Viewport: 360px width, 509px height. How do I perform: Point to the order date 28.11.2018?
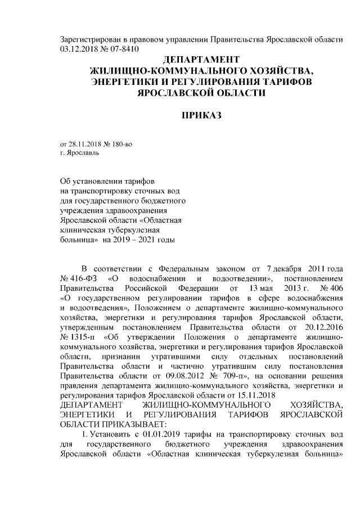(x=84, y=144)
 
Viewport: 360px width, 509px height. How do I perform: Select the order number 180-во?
(x=122, y=144)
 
